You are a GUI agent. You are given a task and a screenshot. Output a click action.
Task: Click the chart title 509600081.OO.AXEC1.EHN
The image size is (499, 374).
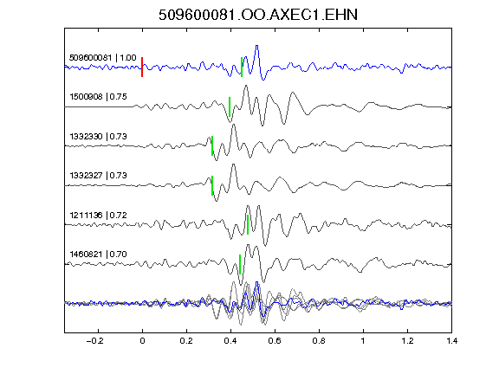click(x=258, y=15)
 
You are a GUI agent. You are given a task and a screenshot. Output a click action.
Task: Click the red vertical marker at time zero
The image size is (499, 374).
click(x=142, y=68)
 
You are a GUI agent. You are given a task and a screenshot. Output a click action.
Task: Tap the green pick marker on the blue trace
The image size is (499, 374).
click(x=242, y=68)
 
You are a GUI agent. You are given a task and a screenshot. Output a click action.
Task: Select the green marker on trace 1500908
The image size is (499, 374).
click(x=230, y=106)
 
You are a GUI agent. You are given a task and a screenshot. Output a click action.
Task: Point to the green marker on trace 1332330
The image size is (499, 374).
click(x=212, y=145)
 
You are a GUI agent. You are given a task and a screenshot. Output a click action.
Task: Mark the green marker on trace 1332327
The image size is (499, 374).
click(x=212, y=185)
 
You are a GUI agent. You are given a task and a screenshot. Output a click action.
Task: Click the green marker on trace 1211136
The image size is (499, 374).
click(x=248, y=224)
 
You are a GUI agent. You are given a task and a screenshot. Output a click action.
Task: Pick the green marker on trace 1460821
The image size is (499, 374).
click(x=240, y=264)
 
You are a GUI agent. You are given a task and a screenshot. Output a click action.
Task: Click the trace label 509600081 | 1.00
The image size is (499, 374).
click(x=103, y=58)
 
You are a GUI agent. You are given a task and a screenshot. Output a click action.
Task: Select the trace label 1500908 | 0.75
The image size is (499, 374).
click(x=99, y=97)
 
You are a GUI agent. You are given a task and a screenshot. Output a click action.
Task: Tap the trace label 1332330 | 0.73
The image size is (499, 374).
click(x=99, y=137)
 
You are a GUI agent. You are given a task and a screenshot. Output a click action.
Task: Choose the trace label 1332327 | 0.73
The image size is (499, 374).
click(x=99, y=176)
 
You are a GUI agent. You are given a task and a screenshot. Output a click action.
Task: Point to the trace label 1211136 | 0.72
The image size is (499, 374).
click(x=99, y=216)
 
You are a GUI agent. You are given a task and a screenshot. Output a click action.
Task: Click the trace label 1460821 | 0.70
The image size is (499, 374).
click(x=99, y=255)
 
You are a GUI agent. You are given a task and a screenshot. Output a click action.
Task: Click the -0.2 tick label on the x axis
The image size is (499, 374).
click(x=94, y=341)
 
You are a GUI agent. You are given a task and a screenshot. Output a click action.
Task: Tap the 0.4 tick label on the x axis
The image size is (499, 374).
click(x=230, y=341)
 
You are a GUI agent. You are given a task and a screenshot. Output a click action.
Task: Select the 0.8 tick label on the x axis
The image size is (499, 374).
click(x=319, y=341)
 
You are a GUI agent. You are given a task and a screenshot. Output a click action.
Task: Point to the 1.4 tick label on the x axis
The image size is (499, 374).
click(x=451, y=341)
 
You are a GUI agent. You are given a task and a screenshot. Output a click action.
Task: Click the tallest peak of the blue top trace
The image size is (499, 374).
click(x=256, y=46)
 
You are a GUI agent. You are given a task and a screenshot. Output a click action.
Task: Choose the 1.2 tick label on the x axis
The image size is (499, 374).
click(x=407, y=341)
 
